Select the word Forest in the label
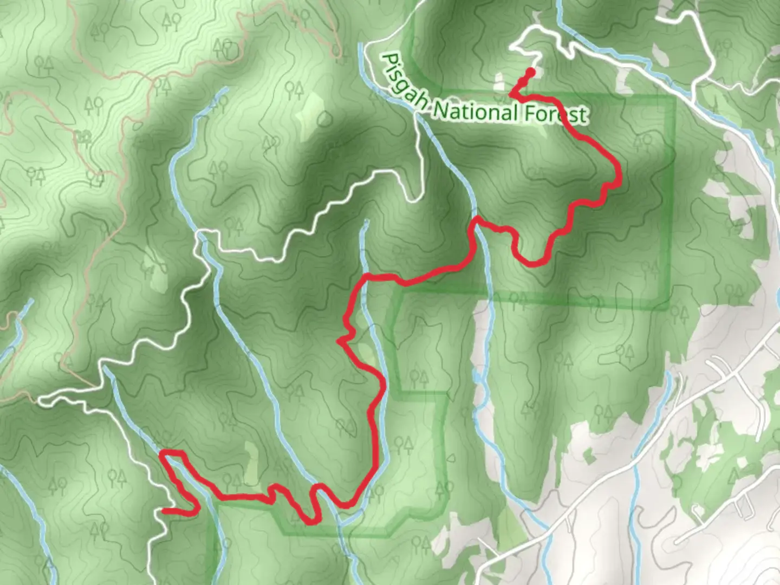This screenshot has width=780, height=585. tap(556, 113)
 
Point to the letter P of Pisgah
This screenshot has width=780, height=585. tap(388, 59)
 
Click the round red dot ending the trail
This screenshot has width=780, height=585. tap(531, 71)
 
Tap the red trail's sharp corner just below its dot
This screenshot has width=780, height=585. tap(511, 94)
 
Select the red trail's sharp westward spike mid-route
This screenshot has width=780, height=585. tap(339, 341)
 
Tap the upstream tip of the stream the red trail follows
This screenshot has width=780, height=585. tap(366, 222)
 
